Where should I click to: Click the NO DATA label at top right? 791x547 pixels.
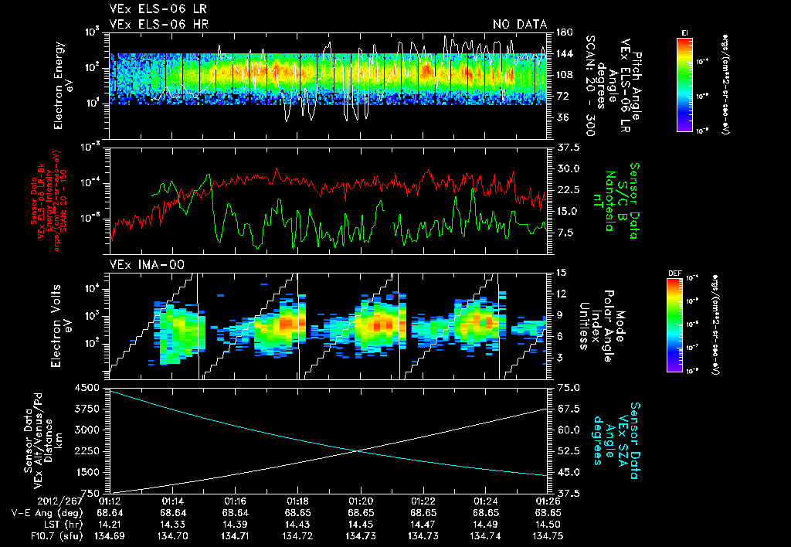click(520, 25)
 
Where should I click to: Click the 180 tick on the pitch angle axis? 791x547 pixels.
click(562, 32)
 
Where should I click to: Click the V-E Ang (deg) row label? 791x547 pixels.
click(47, 512)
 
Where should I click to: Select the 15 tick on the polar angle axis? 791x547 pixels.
click(560, 272)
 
